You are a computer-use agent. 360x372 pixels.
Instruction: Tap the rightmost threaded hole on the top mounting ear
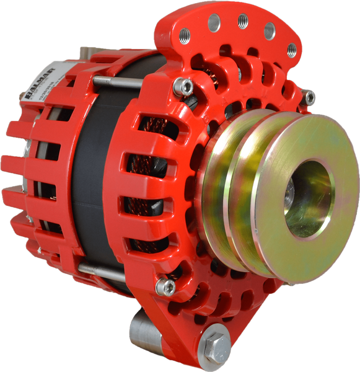(292, 50)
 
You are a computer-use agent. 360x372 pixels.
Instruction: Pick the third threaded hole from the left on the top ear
(243, 21)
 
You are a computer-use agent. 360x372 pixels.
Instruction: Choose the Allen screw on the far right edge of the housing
(310, 96)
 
